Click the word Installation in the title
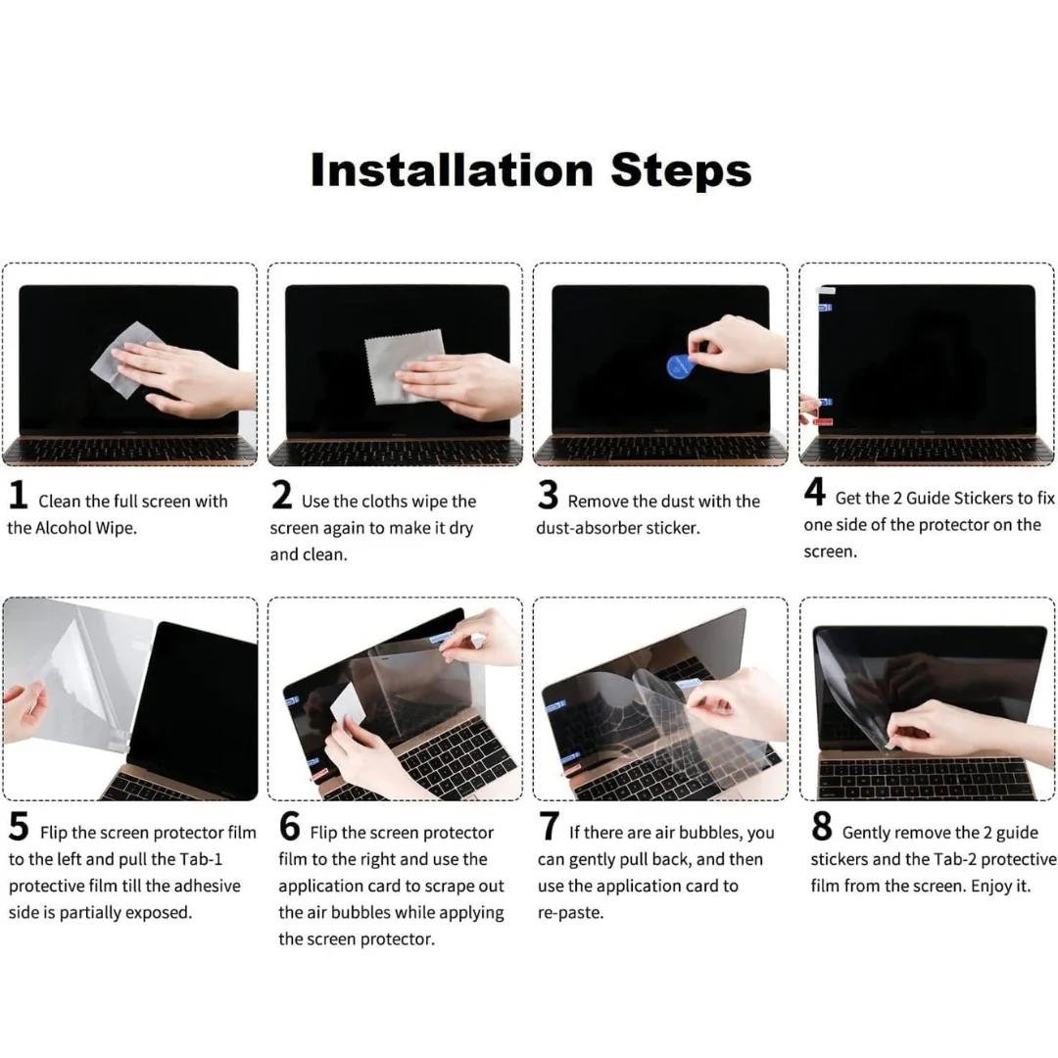coord(453,170)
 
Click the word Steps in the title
coord(681,170)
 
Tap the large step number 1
coord(18,496)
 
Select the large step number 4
coord(814,493)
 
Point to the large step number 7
coord(550,828)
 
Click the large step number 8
coord(822,828)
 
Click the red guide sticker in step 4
coord(825,421)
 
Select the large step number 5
coord(19,828)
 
